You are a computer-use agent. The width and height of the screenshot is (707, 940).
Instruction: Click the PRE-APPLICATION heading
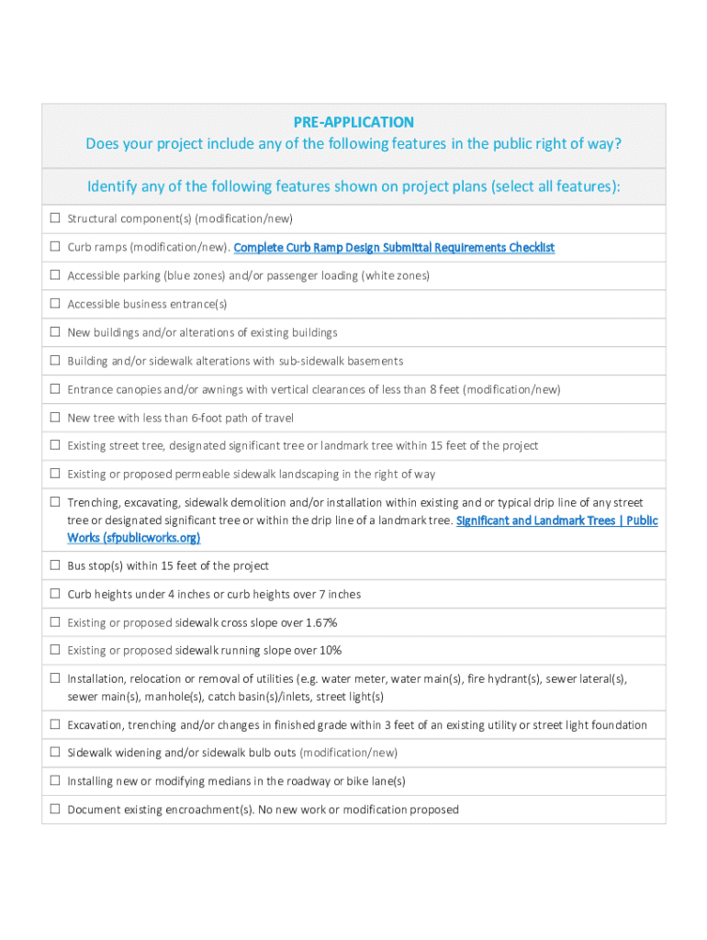pos(353,122)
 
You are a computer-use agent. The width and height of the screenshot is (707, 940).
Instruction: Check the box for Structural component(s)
pos(55,218)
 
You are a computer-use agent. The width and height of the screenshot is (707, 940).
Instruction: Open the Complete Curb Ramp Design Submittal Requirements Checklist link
pos(394,247)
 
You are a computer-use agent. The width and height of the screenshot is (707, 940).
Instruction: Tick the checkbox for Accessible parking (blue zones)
pos(55,275)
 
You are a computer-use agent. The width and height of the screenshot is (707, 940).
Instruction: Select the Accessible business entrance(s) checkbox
pos(55,304)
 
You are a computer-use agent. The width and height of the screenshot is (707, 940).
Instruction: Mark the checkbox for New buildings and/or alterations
pos(55,332)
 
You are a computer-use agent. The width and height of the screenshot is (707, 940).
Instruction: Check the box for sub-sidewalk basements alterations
pos(55,361)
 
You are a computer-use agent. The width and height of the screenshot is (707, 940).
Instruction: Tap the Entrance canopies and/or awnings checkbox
pos(55,389)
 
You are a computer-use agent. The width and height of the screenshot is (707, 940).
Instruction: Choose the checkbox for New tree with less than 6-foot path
pos(55,418)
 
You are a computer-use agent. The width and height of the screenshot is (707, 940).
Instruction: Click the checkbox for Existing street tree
pos(55,445)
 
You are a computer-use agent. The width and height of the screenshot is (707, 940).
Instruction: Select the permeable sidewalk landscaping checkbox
pos(55,474)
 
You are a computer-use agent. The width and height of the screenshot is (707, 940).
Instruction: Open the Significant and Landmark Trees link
pos(556,520)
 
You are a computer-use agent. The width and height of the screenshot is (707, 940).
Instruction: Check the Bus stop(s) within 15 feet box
pos(55,565)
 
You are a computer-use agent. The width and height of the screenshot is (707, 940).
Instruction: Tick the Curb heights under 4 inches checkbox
pos(55,594)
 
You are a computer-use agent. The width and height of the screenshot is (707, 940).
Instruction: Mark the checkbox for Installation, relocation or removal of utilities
pos(55,679)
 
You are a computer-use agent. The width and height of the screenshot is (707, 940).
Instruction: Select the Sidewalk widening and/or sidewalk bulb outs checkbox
pos(55,753)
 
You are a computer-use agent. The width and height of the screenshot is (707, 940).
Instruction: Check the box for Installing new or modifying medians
pos(55,781)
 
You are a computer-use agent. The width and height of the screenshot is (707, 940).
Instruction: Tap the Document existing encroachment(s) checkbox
pos(55,810)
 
